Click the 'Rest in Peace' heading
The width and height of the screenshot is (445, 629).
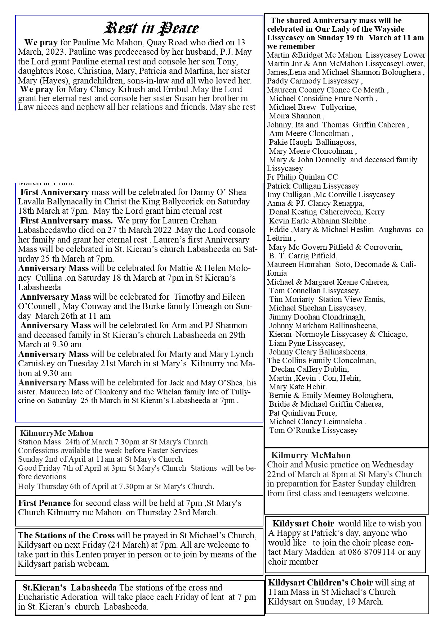coord(151,28)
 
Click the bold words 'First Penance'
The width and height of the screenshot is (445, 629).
coord(44,503)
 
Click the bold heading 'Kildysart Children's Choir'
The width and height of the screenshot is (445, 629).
coord(320,582)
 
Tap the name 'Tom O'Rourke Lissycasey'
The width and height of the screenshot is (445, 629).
coord(313,430)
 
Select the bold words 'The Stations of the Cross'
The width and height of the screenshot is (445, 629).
coord(66,535)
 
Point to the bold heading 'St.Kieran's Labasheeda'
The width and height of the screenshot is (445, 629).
coord(69,588)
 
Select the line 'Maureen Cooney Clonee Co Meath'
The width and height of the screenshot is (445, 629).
coord(327,90)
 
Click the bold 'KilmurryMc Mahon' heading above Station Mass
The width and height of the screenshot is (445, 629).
coord(57,433)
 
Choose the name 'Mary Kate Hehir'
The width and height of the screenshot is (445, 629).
coord(298,386)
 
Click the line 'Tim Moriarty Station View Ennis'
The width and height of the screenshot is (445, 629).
coord(327,299)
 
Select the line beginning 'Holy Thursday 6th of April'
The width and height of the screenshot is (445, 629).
coord(116,487)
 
